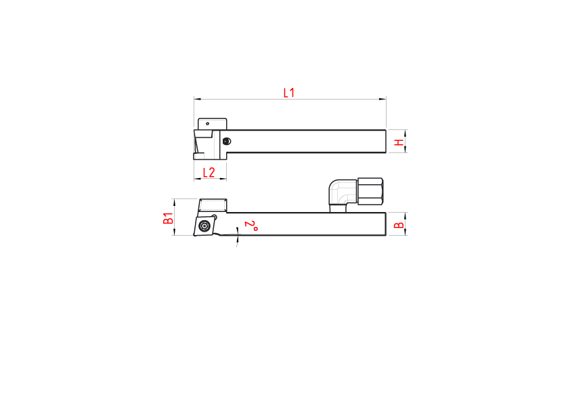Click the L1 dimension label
click(x=289, y=93)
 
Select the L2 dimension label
click(x=209, y=173)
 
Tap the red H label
click(x=399, y=142)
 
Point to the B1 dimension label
click(x=168, y=218)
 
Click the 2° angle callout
click(x=251, y=226)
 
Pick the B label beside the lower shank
click(x=399, y=225)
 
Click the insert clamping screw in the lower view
click(x=204, y=226)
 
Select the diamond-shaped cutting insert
click(x=204, y=226)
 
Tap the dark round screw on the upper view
click(x=227, y=141)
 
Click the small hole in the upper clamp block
click(x=208, y=124)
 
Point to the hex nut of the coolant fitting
click(x=370, y=191)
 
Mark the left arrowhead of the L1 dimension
click(x=198, y=99)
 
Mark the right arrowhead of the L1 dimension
click(x=382, y=99)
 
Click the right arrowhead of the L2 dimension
click(x=223, y=179)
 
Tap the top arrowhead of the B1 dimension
click(x=175, y=203)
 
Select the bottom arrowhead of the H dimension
click(x=405, y=149)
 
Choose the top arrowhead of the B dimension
click(x=405, y=216)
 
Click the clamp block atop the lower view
click(x=213, y=205)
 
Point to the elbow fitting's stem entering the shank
click(x=338, y=209)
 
